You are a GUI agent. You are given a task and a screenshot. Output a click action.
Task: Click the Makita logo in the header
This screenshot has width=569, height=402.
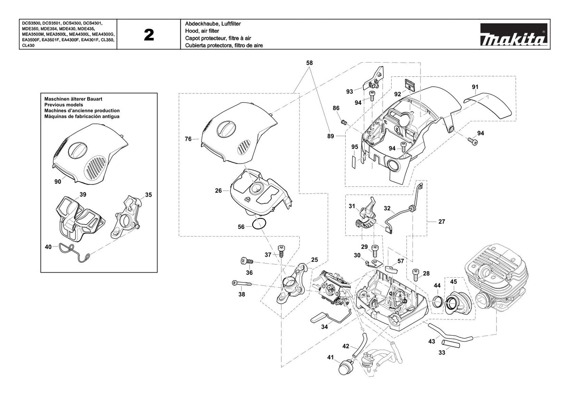pyautogui.click(x=514, y=34)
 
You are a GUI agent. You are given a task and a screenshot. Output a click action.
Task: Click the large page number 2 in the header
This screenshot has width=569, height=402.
pyautogui.click(x=149, y=35)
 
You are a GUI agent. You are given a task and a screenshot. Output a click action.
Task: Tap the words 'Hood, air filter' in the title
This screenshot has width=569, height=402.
pyautogui.click(x=202, y=31)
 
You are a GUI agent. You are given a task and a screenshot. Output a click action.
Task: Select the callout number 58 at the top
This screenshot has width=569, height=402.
pyautogui.click(x=309, y=63)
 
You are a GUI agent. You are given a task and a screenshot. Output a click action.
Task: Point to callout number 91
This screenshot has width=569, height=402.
pyautogui.click(x=475, y=87)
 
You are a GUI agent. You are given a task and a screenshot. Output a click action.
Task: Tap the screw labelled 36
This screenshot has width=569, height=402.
pyautogui.click(x=247, y=261)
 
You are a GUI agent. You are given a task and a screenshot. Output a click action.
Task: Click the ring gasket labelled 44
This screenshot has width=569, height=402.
pyautogui.click(x=437, y=302)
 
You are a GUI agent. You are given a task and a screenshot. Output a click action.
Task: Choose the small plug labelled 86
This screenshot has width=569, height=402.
pyautogui.click(x=344, y=122)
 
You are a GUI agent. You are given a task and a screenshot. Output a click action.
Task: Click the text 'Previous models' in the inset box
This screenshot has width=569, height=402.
pyautogui.click(x=64, y=105)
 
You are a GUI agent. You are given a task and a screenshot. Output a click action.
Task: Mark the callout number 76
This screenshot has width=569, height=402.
pyautogui.click(x=188, y=139)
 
